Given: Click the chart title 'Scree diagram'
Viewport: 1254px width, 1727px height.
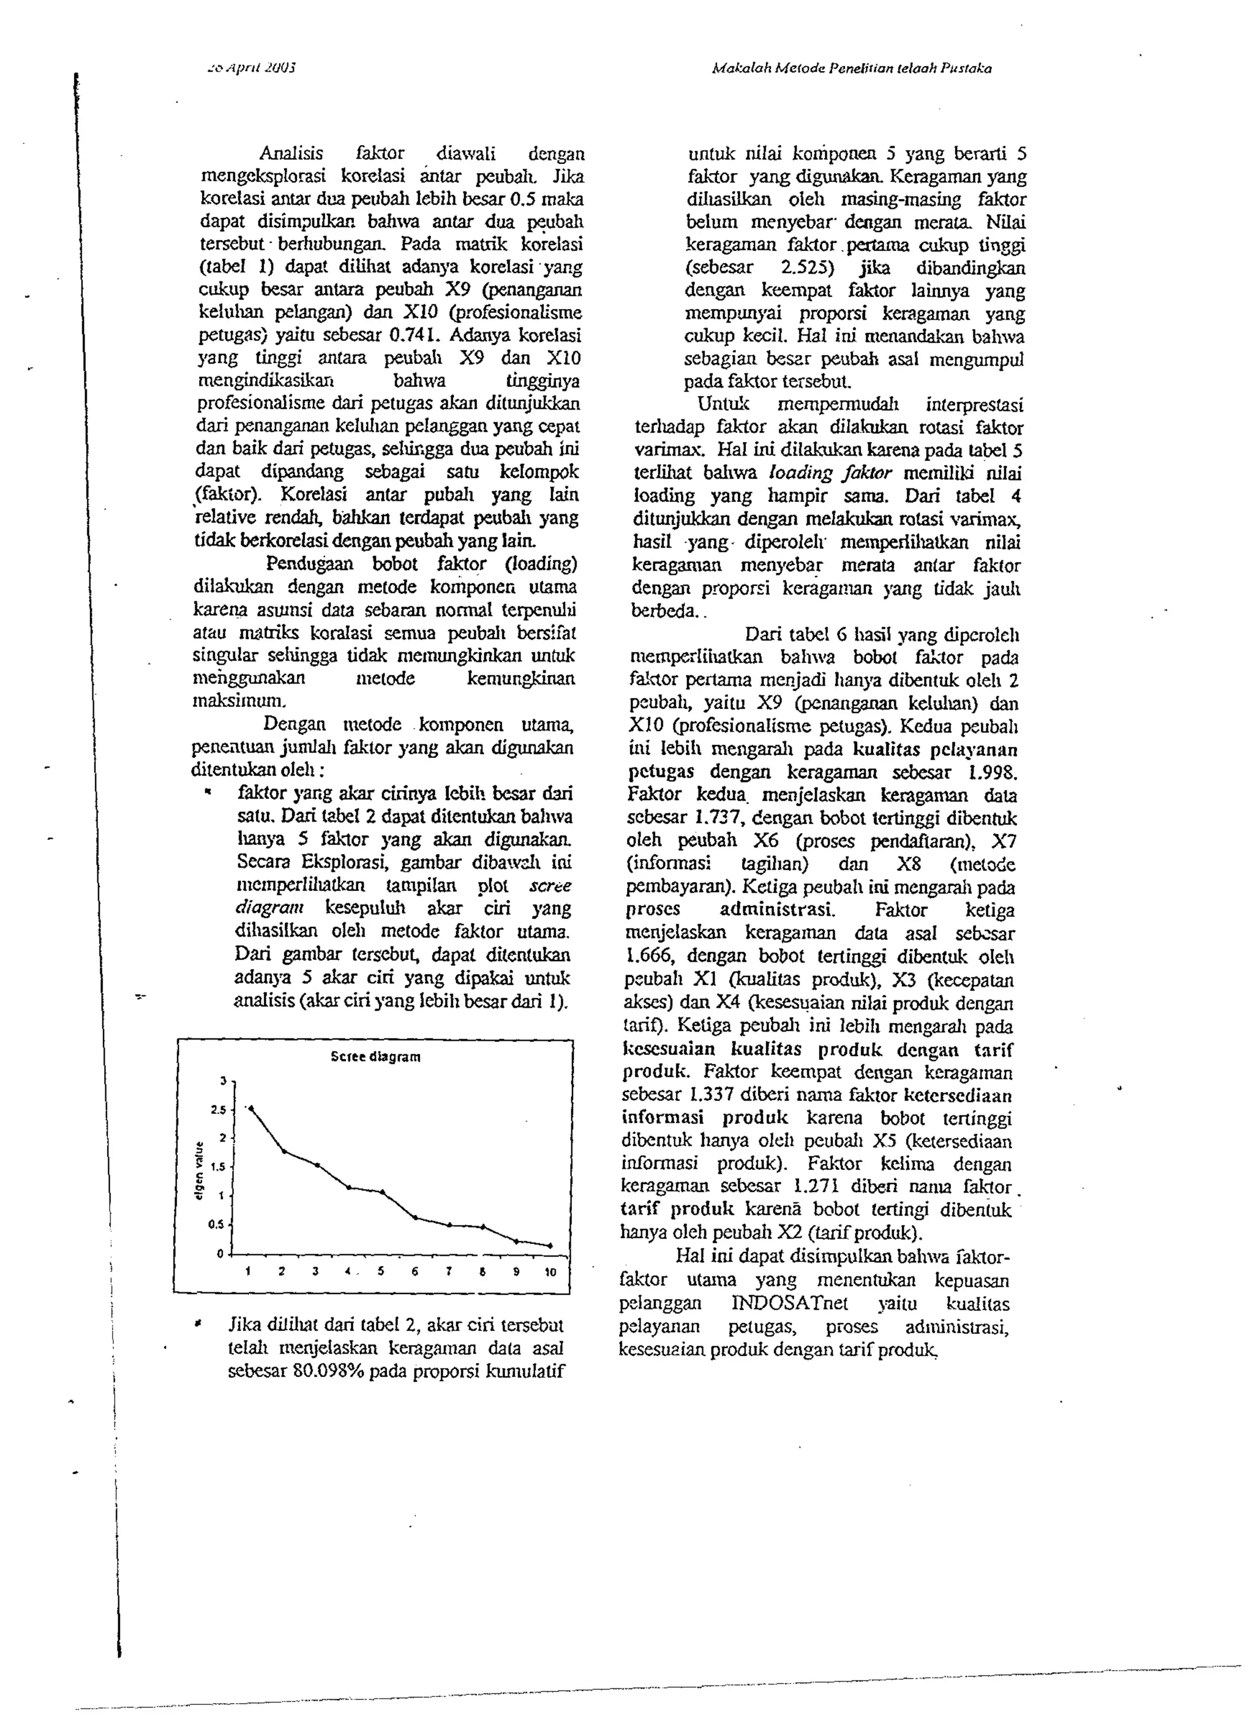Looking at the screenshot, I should click(x=375, y=1056).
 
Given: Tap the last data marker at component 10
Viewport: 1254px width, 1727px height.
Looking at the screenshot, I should click(x=550, y=1246).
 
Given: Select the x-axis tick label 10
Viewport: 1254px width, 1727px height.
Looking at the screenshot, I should click(x=550, y=1272).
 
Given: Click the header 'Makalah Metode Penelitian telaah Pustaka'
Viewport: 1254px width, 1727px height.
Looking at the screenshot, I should click(x=852, y=69).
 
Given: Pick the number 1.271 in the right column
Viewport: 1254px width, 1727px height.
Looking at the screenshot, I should click(x=816, y=1186).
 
